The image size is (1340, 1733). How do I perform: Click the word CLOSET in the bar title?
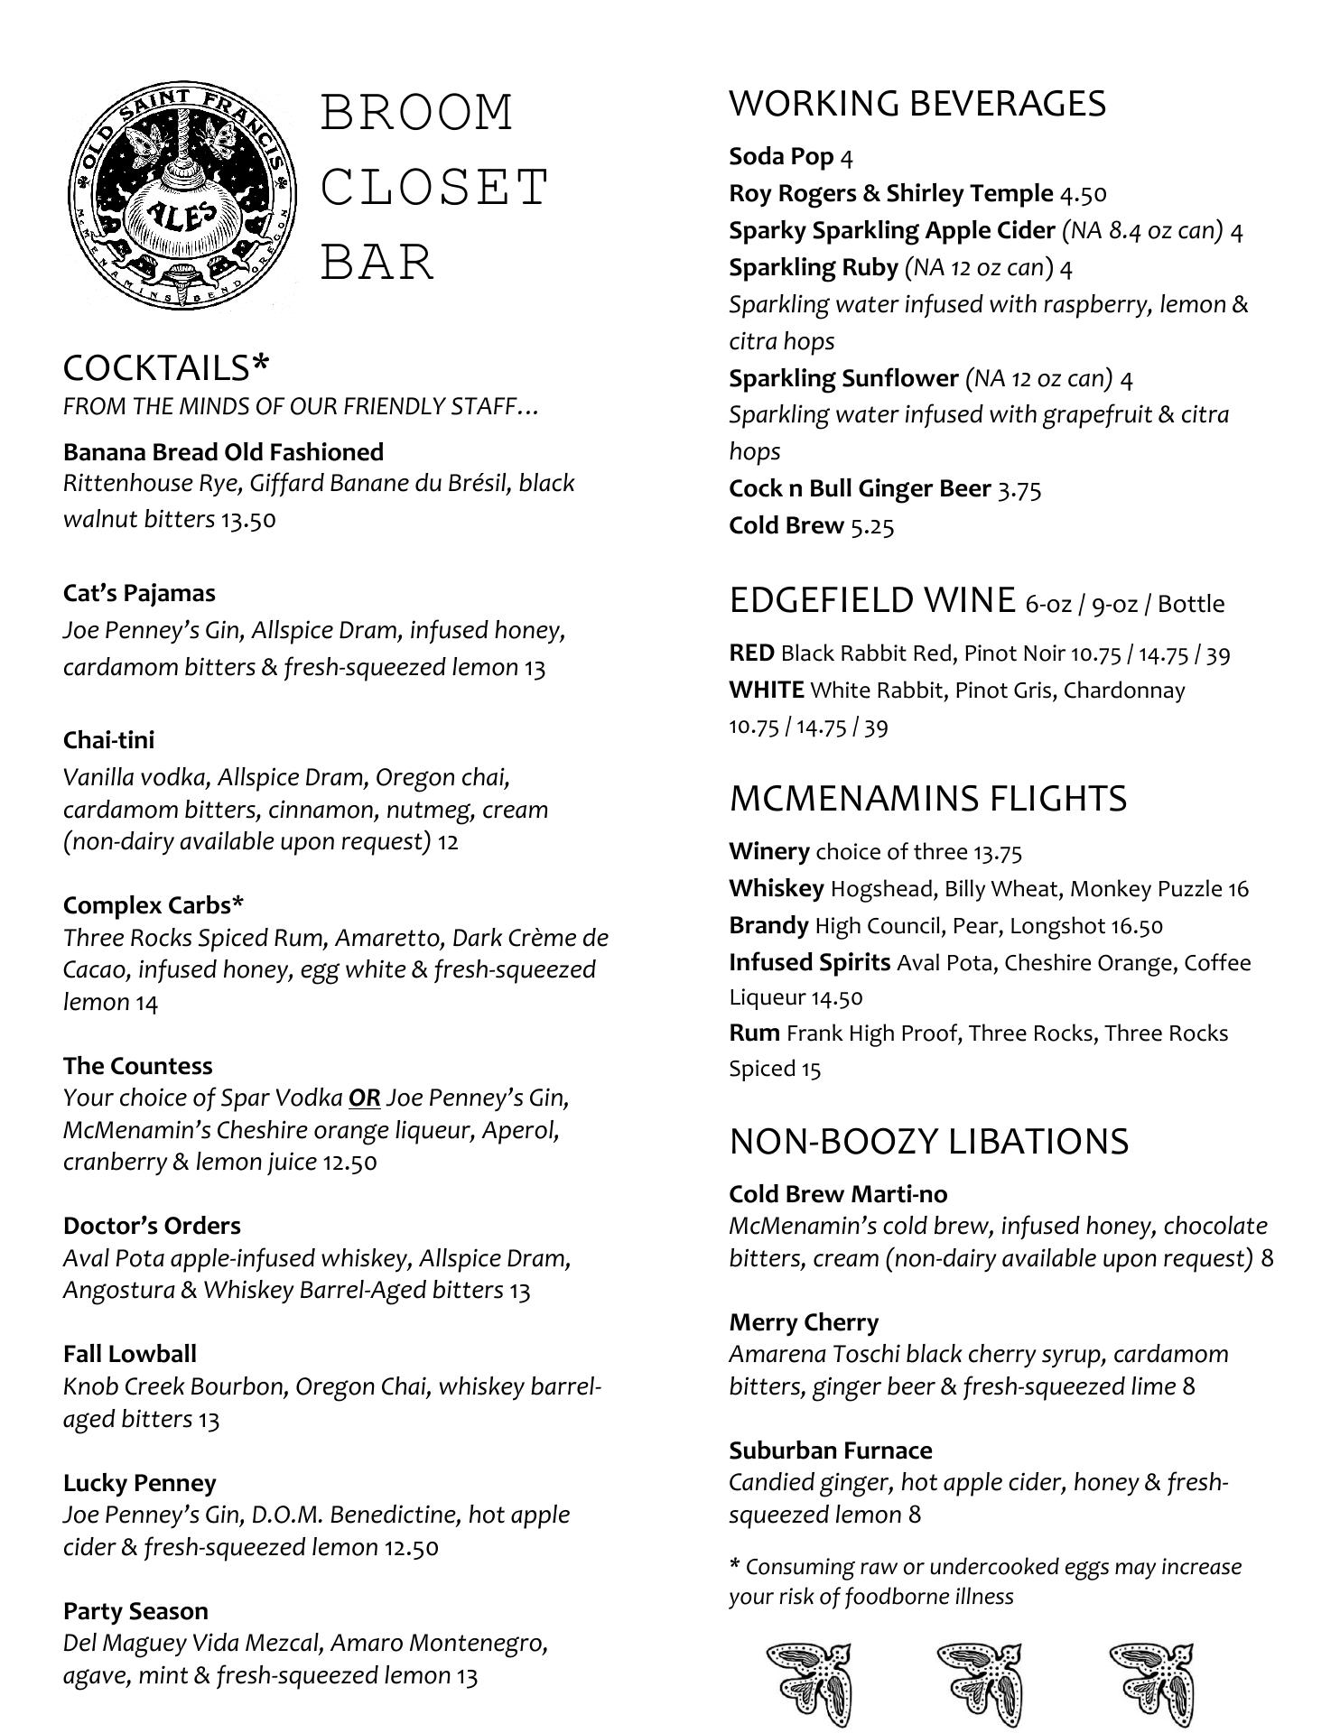tap(434, 188)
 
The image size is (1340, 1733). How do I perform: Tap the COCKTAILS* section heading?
tap(166, 367)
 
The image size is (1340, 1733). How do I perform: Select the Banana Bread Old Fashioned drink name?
tap(223, 451)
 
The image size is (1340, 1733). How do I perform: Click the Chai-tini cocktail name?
tap(108, 740)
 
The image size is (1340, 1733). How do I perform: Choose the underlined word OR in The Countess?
tap(364, 1098)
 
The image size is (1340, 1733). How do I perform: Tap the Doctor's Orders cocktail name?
tap(152, 1226)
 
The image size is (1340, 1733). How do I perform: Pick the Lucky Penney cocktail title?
tap(139, 1483)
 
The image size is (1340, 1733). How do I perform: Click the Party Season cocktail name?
tap(135, 1611)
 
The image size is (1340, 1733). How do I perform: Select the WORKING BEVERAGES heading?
tap(917, 104)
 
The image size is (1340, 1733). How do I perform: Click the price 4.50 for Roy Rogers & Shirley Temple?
tap(1083, 194)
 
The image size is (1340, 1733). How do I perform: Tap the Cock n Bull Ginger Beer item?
tap(859, 488)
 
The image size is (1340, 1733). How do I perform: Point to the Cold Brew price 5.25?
tap(871, 526)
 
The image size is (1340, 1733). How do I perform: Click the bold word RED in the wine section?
tap(751, 653)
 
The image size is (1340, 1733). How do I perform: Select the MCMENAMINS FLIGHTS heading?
tap(927, 799)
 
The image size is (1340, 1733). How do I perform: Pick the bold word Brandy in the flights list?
tap(768, 925)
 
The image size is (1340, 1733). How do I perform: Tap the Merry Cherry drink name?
tap(804, 1322)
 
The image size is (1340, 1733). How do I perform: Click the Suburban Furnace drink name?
tap(830, 1450)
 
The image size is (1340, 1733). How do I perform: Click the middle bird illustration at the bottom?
tap(979, 1682)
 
